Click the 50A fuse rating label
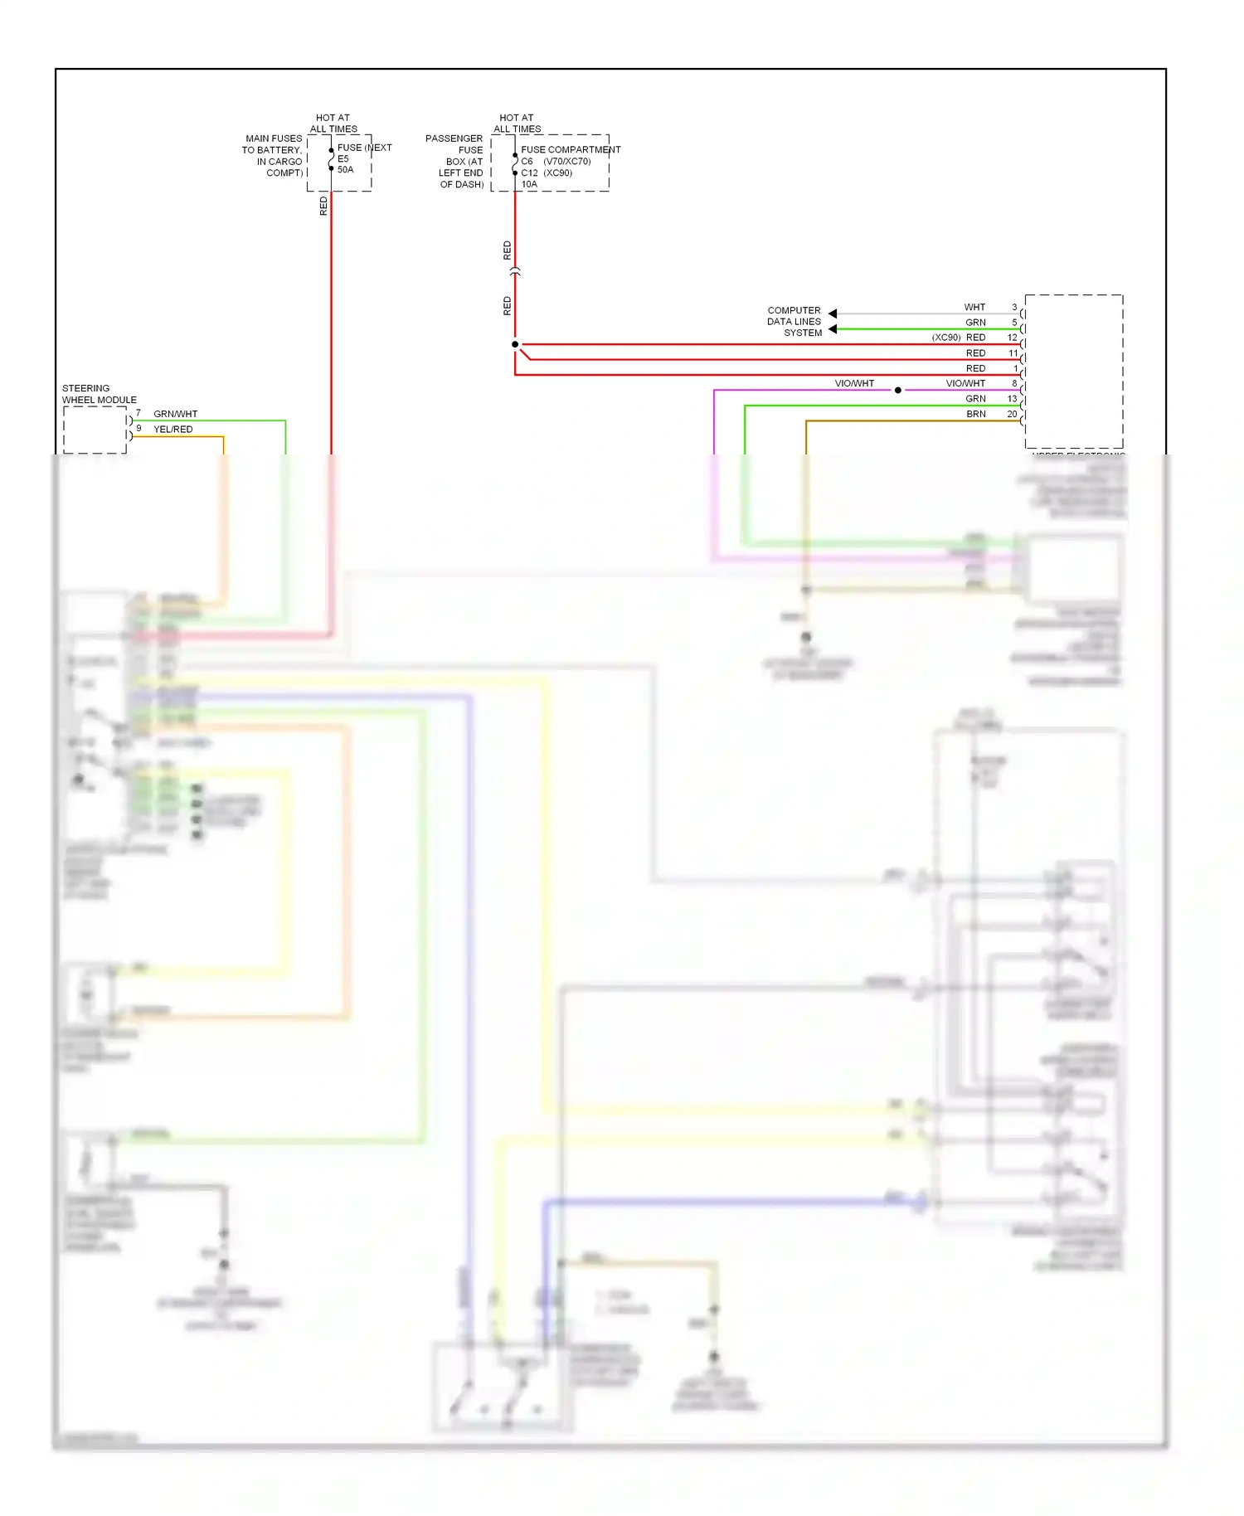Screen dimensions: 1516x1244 [x=345, y=170]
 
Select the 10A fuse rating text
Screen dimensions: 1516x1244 [x=529, y=184]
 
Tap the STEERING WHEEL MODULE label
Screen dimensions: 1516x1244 [x=99, y=394]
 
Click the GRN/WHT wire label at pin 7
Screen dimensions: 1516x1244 [x=175, y=414]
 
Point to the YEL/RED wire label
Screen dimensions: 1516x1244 [x=173, y=429]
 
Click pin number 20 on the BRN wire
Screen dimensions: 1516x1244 [x=1012, y=414]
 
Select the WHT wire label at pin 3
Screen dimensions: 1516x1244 [x=974, y=307]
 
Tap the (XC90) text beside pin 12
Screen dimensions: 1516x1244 [x=946, y=338]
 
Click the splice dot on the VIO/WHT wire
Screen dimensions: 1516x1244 [x=898, y=390]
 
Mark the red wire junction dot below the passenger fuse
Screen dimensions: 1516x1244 [x=515, y=344]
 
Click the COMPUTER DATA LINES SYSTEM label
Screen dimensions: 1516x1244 [x=794, y=322]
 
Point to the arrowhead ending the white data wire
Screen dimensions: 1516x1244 [x=833, y=313]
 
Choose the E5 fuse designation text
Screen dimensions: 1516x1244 [x=343, y=158]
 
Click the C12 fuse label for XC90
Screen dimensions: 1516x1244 [x=529, y=172]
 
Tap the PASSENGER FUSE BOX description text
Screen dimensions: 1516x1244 [x=455, y=162]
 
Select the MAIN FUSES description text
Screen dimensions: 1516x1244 [x=273, y=156]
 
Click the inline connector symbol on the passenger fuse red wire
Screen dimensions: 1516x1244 [x=515, y=271]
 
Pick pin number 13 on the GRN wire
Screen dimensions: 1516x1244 [x=1012, y=399]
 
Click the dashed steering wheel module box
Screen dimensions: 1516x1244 [x=95, y=430]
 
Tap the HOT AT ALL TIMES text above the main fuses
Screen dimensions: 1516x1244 [x=333, y=124]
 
